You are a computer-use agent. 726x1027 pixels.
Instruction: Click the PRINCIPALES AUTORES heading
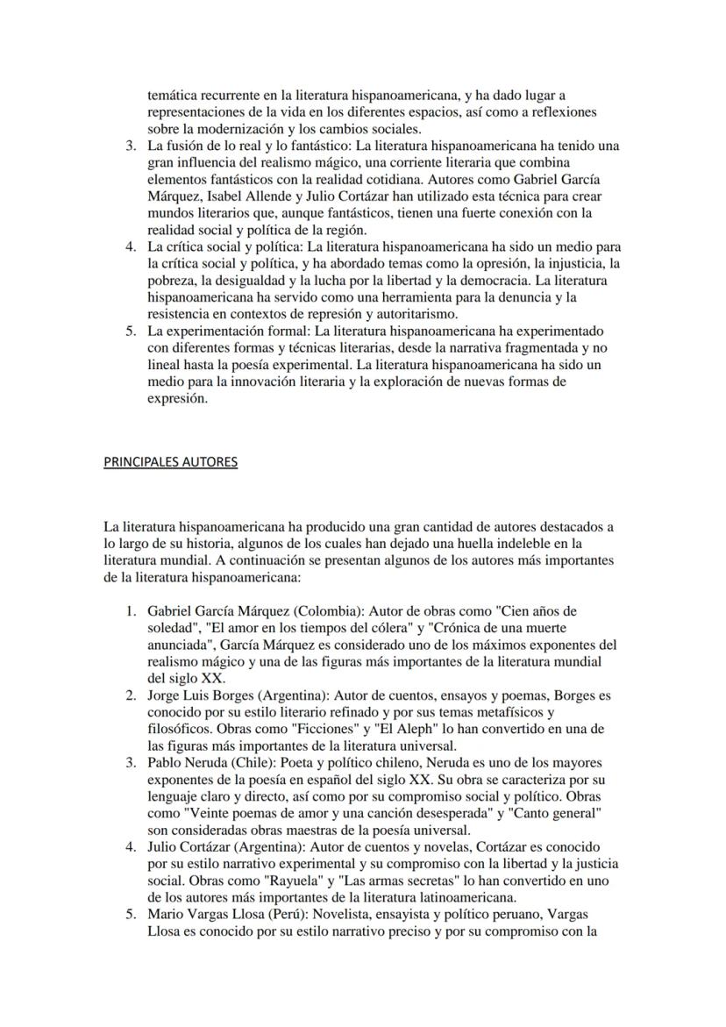coord(170,461)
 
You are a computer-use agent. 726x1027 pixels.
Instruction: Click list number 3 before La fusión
coord(132,146)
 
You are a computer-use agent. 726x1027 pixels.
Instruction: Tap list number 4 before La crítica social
coord(132,246)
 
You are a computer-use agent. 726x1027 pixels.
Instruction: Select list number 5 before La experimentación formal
coord(132,331)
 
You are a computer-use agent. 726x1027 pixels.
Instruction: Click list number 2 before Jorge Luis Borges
coord(132,695)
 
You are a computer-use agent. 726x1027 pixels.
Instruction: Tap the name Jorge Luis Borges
coord(196,695)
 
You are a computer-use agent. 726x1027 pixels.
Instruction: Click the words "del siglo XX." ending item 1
coord(185,678)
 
